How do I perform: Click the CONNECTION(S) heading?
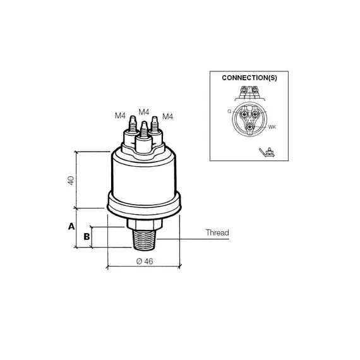point(249,78)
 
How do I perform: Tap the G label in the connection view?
point(229,111)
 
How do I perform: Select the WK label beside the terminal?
point(272,127)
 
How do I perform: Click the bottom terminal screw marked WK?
point(250,127)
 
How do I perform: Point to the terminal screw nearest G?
point(244,114)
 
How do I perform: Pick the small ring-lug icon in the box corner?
point(267,152)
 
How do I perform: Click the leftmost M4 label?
point(120,116)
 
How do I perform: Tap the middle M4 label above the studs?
point(144,112)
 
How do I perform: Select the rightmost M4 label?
point(167,117)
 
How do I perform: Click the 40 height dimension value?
point(71,181)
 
